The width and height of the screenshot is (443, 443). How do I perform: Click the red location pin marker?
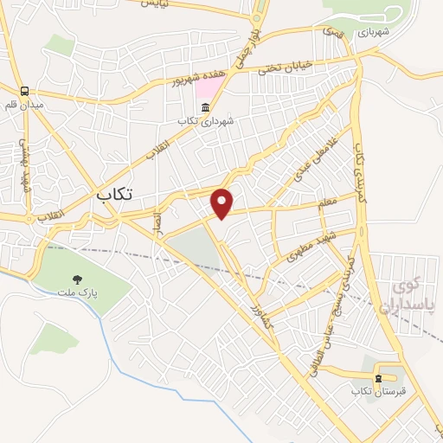coord(223,202)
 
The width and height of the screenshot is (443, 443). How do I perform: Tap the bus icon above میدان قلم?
coord(26,90)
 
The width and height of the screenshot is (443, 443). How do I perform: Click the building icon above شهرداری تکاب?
coord(206,107)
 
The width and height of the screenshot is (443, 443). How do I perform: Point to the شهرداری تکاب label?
coord(206,122)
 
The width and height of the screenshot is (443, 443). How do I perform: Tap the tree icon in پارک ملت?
coord(79,279)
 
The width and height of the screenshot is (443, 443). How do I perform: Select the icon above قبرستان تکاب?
coord(378,378)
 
